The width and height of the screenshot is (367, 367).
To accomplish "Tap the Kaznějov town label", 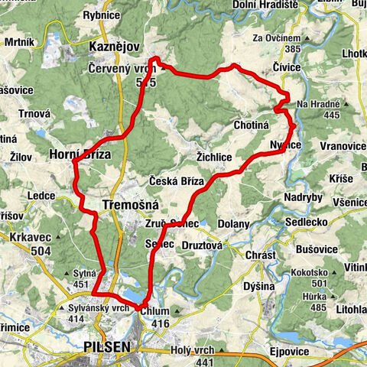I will [x=114, y=47].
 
